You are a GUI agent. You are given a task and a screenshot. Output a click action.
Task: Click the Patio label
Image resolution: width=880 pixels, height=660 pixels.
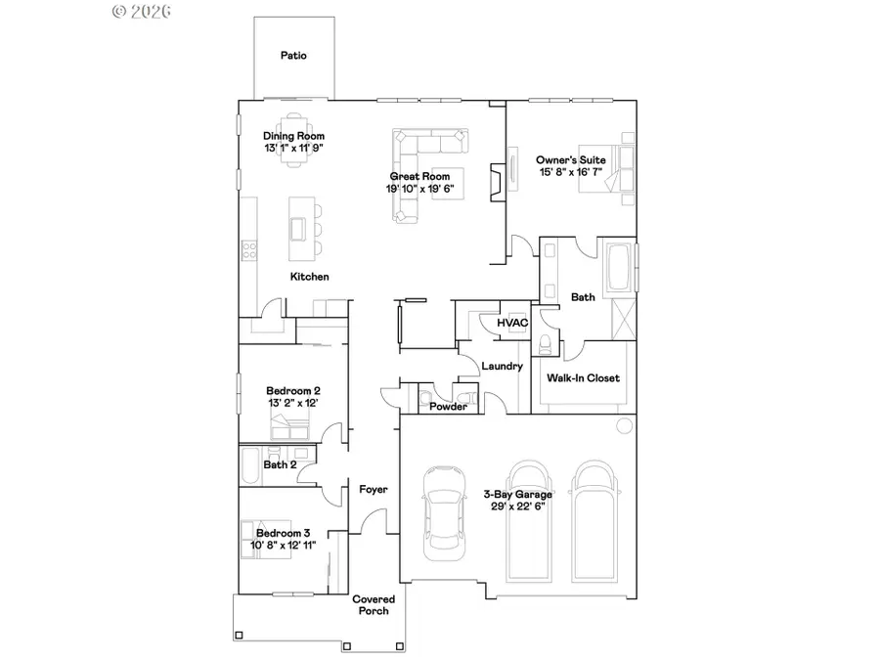point(293,56)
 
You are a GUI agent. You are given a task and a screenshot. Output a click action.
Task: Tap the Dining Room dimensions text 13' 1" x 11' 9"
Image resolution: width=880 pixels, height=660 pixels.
point(293,148)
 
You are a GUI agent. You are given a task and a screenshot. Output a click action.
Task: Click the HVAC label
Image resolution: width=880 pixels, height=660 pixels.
point(511,323)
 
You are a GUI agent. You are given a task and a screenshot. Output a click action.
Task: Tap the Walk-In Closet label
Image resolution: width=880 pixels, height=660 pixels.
point(583,378)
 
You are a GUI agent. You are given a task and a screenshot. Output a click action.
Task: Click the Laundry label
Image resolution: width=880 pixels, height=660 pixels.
point(503,367)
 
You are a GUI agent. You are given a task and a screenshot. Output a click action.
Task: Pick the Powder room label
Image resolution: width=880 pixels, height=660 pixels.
point(449,407)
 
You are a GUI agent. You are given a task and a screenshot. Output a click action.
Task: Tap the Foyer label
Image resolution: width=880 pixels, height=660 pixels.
point(374,489)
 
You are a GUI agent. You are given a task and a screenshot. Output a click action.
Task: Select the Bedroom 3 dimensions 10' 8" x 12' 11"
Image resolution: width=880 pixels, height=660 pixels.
point(285,546)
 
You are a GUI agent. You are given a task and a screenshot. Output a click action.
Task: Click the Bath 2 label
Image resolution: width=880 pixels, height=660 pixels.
point(280,465)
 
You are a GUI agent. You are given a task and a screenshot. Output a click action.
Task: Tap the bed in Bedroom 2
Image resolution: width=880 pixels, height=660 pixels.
point(290,426)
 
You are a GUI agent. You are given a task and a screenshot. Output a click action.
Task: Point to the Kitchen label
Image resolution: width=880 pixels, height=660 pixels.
point(309,277)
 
